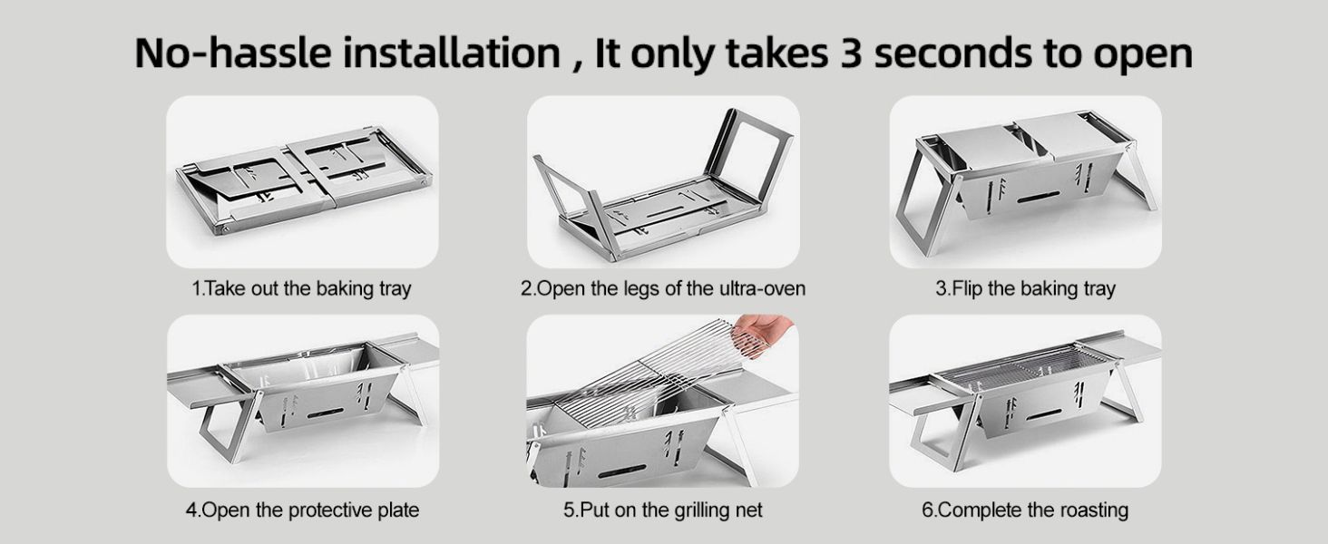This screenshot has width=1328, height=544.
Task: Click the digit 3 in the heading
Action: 852,53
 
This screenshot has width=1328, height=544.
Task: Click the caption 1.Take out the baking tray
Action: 302,288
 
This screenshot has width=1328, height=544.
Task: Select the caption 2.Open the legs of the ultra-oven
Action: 663,288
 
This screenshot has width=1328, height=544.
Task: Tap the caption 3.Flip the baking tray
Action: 1025,288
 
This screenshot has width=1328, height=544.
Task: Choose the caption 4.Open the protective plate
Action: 302,510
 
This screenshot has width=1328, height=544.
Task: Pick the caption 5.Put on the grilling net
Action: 663,510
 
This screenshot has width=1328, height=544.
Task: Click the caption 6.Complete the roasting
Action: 1025,510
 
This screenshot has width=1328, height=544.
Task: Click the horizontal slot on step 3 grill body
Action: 1038,198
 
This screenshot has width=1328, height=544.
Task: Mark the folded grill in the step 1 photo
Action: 304,180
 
